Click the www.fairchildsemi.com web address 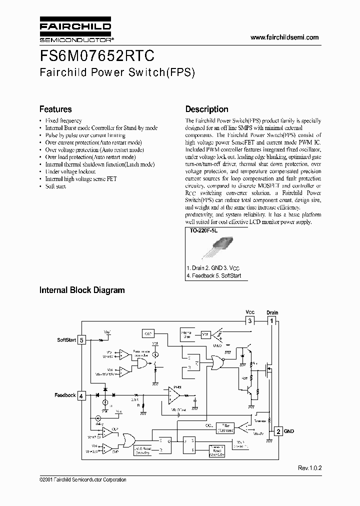click(284, 37)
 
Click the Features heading click(55, 109)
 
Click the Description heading click(206, 109)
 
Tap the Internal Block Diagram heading click(82, 290)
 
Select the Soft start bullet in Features click(55, 186)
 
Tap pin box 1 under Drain click(272, 320)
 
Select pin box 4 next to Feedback click(82, 395)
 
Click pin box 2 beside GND click(278, 430)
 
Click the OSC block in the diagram click(148, 333)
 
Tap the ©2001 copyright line click(82, 480)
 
